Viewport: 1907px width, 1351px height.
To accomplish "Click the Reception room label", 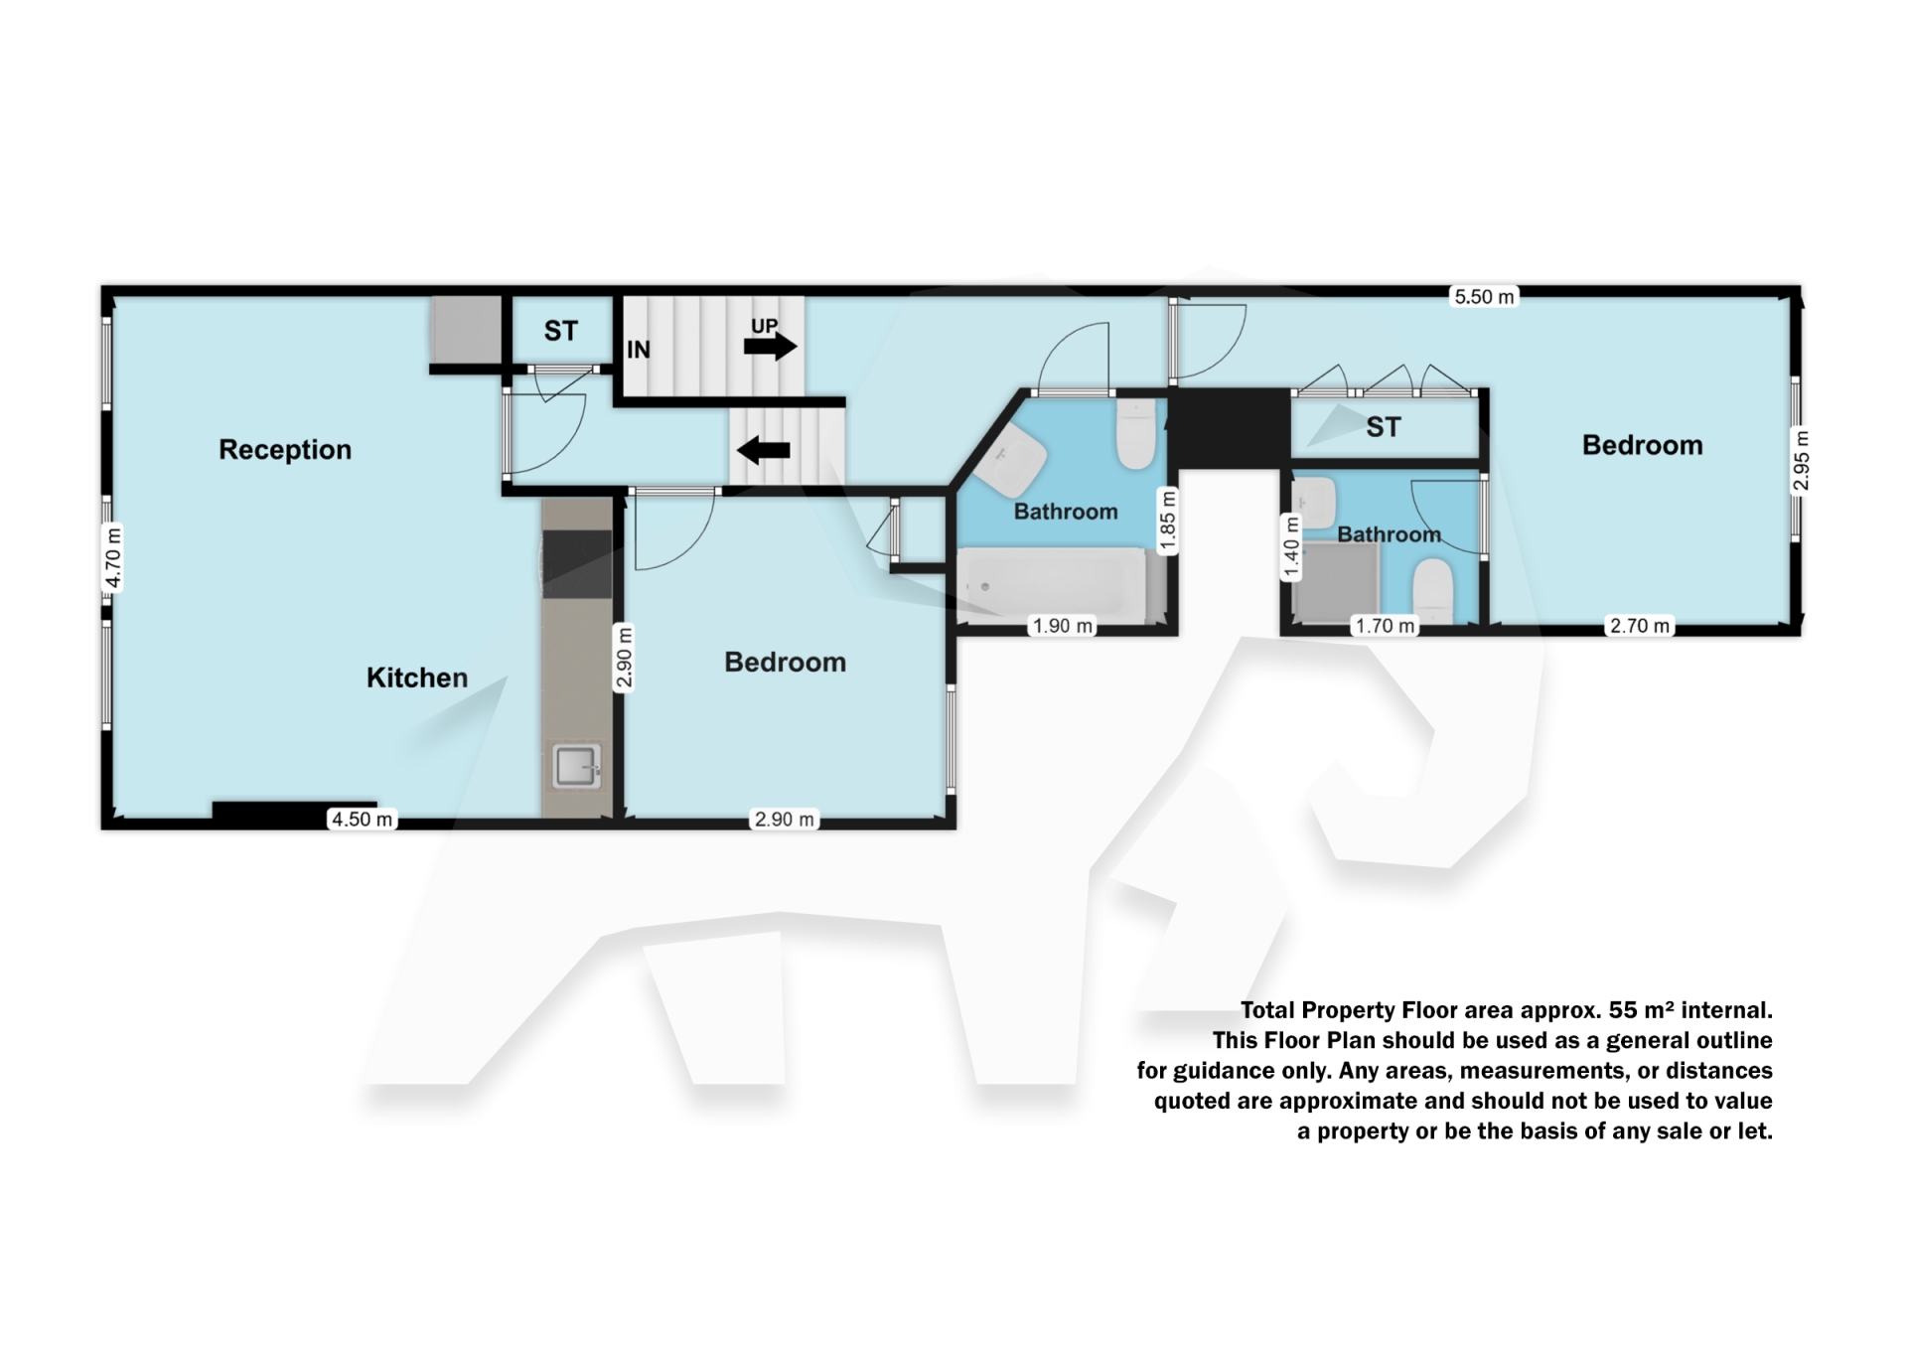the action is pyautogui.click(x=285, y=450).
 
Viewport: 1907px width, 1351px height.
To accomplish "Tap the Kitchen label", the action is pyautogui.click(x=417, y=677).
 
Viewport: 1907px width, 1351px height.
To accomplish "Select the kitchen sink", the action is pyautogui.click(x=576, y=767).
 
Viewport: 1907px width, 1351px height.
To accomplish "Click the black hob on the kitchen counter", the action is pyautogui.click(x=576, y=564).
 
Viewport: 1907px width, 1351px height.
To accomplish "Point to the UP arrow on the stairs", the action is pyautogui.click(x=770, y=346).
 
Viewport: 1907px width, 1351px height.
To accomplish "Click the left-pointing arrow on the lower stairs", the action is pyautogui.click(x=763, y=450).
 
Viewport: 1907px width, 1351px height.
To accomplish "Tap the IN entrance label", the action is pyautogui.click(x=639, y=350).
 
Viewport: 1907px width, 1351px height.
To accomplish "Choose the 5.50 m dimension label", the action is pyautogui.click(x=1485, y=296).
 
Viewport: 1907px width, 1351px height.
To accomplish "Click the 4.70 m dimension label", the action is pyautogui.click(x=113, y=556).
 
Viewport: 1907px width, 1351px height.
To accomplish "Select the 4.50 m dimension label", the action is pyautogui.click(x=363, y=820).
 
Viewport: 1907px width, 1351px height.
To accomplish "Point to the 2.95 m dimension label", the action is pyautogui.click(x=1801, y=461).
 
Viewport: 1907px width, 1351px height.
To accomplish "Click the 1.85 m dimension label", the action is pyautogui.click(x=1168, y=520).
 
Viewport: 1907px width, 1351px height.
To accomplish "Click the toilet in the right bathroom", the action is pyautogui.click(x=1432, y=592).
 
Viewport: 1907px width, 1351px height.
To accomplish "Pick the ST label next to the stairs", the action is pyautogui.click(x=560, y=331).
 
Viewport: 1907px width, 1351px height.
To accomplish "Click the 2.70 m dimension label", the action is pyautogui.click(x=1640, y=626).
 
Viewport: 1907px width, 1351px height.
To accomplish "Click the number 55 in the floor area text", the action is pyautogui.click(x=1623, y=1010).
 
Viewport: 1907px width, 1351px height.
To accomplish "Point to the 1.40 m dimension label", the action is pyautogui.click(x=1291, y=547).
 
